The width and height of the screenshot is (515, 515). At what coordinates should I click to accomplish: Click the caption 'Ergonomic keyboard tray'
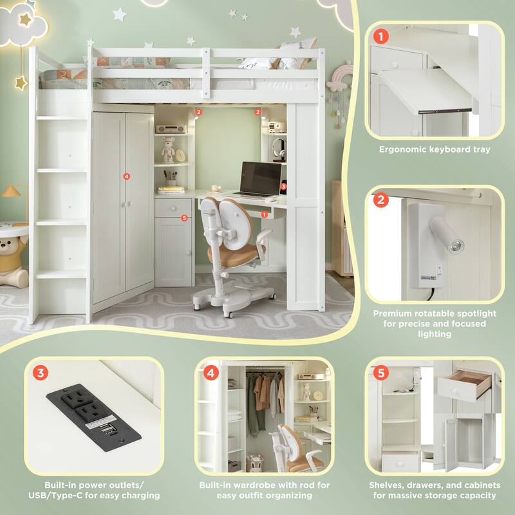point(435,149)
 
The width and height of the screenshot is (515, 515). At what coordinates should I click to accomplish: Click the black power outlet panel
point(93,415)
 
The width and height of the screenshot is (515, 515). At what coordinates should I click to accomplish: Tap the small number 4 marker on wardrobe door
point(127,176)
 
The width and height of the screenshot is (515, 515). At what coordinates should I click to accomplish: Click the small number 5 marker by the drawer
point(184,218)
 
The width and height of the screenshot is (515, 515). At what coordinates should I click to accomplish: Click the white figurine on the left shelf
point(168,152)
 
